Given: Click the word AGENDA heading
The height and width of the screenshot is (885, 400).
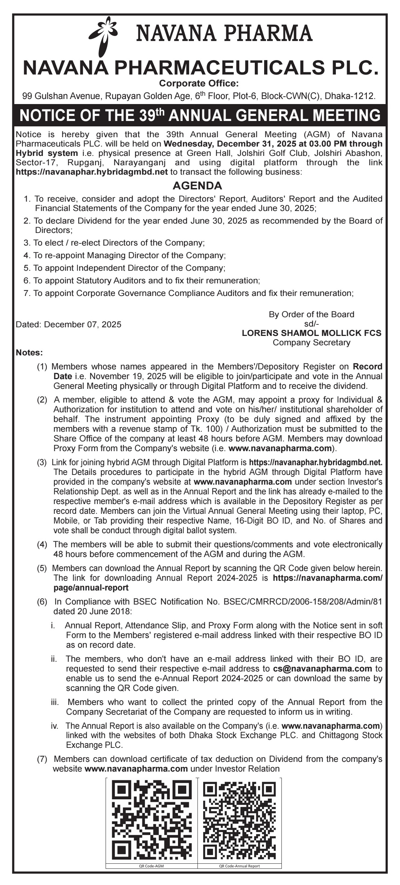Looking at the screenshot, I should tap(197, 186).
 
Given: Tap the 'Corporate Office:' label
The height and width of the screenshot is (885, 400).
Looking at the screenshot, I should tap(199, 84).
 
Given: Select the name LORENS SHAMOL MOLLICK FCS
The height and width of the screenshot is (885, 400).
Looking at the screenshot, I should tap(311, 333).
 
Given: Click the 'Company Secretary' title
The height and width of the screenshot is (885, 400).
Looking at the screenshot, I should tap(311, 342).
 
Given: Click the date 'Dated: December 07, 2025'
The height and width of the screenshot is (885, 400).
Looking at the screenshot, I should tap(68, 324).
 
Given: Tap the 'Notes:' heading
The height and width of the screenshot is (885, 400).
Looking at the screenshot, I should tap(29, 352).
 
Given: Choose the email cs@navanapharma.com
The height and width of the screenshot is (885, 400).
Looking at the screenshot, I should tap(323, 669).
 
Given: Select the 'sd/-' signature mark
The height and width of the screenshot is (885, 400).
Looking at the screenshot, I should tap(311, 324).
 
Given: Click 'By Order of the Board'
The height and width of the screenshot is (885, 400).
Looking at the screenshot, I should tap(311, 314).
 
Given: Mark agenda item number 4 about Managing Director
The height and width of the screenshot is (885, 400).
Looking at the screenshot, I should tap(124, 256).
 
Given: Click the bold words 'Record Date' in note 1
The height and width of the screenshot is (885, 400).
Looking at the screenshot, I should tap(367, 367).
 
